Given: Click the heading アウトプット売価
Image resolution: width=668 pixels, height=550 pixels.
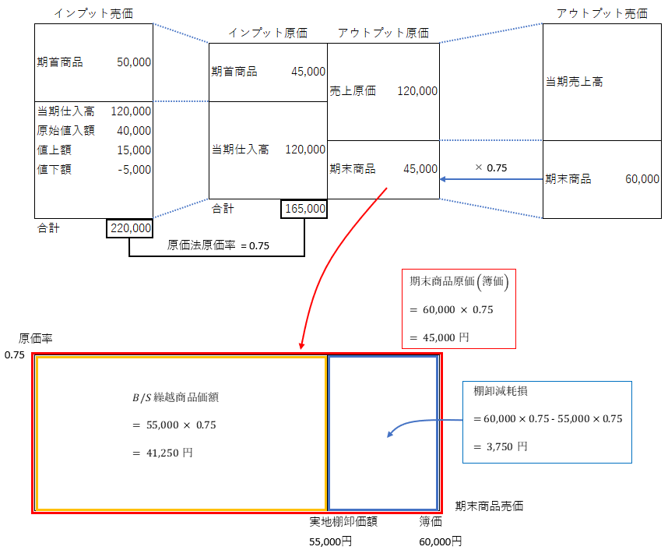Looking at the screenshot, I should [602, 13].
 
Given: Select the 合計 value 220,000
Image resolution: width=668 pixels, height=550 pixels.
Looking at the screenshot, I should [130, 228].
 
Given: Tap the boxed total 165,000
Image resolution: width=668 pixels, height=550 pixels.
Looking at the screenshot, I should [304, 209].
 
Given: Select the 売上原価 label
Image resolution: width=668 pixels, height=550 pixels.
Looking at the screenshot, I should [353, 91].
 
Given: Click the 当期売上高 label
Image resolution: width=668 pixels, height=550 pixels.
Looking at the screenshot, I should [574, 81].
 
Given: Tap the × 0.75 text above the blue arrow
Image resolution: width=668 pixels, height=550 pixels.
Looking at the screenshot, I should [490, 167].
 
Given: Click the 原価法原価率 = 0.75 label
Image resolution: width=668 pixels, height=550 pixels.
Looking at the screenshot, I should [218, 245].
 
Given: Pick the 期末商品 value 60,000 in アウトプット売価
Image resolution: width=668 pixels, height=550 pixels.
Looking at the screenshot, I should [642, 179].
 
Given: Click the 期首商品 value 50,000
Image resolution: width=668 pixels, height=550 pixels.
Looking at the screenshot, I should [133, 62].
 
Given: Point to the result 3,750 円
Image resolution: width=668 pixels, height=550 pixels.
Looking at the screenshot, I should [501, 446].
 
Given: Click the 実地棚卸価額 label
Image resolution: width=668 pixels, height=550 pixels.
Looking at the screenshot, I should [344, 522].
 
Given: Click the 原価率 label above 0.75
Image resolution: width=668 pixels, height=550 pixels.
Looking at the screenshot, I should [36, 339].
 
